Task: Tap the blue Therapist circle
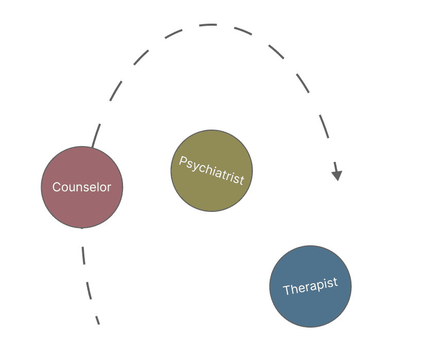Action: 310,309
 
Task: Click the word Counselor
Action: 82,187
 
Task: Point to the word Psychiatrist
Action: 211,170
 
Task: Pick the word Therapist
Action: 310,286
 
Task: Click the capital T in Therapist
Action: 287,291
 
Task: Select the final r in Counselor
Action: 109,188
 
